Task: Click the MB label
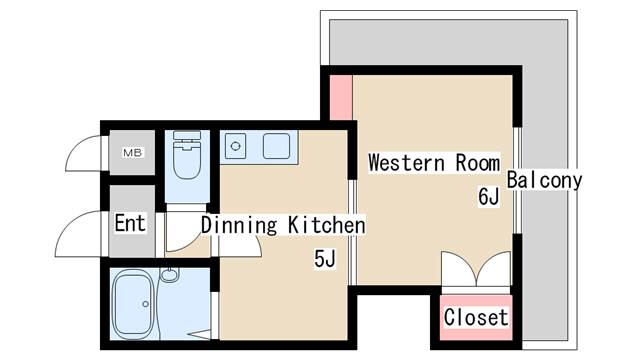tap(132, 153)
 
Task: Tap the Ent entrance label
tap(130, 223)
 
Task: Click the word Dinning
tap(238, 225)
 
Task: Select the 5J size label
tap(324, 260)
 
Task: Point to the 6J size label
tap(487, 197)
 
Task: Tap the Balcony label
tap(544, 181)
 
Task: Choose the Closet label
tap(476, 318)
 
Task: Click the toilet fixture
tap(186, 157)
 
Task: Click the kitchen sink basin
tap(276, 146)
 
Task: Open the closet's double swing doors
tap(476, 272)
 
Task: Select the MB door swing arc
tap(85, 154)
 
